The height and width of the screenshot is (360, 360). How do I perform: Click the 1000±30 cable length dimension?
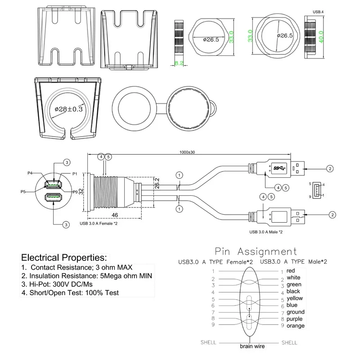pos(187,152)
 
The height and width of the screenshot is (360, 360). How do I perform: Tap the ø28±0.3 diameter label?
pos(69,109)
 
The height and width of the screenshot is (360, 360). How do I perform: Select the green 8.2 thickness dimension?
pos(179,63)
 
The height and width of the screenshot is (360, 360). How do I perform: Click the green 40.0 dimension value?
pos(321,37)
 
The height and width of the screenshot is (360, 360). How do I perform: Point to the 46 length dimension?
pos(115,215)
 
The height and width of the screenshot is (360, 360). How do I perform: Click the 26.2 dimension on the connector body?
pos(157,183)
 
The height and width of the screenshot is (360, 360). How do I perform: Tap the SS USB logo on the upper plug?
pos(279,168)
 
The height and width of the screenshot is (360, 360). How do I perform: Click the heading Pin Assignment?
pos(256,252)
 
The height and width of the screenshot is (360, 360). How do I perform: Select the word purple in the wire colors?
pos(294,319)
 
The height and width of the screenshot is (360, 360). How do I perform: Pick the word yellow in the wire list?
pos(295,298)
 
